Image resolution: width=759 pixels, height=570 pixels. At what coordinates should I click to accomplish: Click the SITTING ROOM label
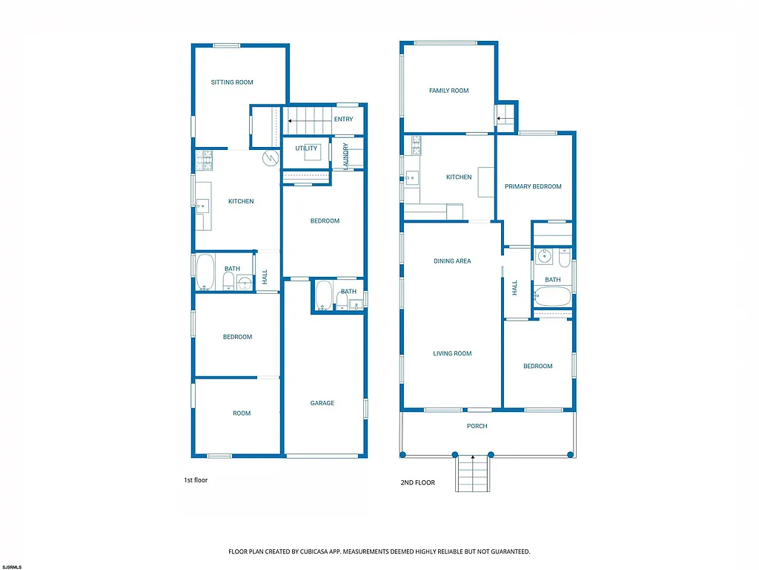[232, 82]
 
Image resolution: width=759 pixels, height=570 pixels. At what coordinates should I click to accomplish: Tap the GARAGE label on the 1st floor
[322, 403]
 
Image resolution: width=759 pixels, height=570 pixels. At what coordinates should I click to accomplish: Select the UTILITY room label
[306, 148]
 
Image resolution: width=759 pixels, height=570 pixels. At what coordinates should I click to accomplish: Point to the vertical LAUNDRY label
[345, 156]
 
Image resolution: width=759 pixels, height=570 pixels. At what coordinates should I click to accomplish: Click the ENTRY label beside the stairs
[343, 119]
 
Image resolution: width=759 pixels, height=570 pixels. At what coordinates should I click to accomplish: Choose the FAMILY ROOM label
[448, 91]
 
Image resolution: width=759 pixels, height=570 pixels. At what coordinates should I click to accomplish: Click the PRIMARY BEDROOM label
[533, 186]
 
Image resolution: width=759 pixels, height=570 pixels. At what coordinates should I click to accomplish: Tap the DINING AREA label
[452, 261]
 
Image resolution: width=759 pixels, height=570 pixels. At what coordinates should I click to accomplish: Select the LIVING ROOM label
[452, 353]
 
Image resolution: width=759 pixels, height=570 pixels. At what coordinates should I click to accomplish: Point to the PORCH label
[477, 426]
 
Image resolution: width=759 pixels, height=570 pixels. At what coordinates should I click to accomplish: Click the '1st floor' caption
[196, 480]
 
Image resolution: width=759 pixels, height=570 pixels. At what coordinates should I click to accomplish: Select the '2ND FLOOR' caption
[417, 482]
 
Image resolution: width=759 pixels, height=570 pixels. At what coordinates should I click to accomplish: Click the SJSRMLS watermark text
[12, 566]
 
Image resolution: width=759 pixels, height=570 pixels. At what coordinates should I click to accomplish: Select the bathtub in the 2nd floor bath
[553, 298]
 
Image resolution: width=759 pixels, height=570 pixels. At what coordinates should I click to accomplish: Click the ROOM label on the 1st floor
[242, 413]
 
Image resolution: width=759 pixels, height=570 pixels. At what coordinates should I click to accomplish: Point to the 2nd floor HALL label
[514, 287]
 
